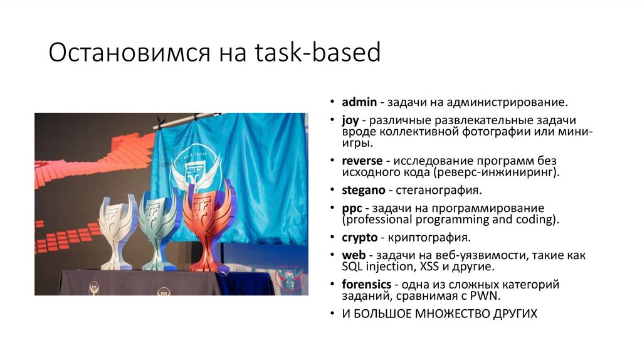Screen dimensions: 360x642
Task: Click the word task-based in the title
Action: [x=318, y=53]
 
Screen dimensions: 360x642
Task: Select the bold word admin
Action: [x=359, y=102]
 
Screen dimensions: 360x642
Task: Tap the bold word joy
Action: [x=350, y=120]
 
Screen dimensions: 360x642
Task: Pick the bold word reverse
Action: [x=361, y=161]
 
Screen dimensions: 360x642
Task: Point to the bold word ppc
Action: [x=352, y=208]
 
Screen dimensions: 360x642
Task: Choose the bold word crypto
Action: [x=359, y=238]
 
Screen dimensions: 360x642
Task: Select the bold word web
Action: [x=352, y=255]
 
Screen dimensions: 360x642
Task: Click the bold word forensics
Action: [x=366, y=285]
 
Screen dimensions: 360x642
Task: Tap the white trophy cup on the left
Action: [x=118, y=229]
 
